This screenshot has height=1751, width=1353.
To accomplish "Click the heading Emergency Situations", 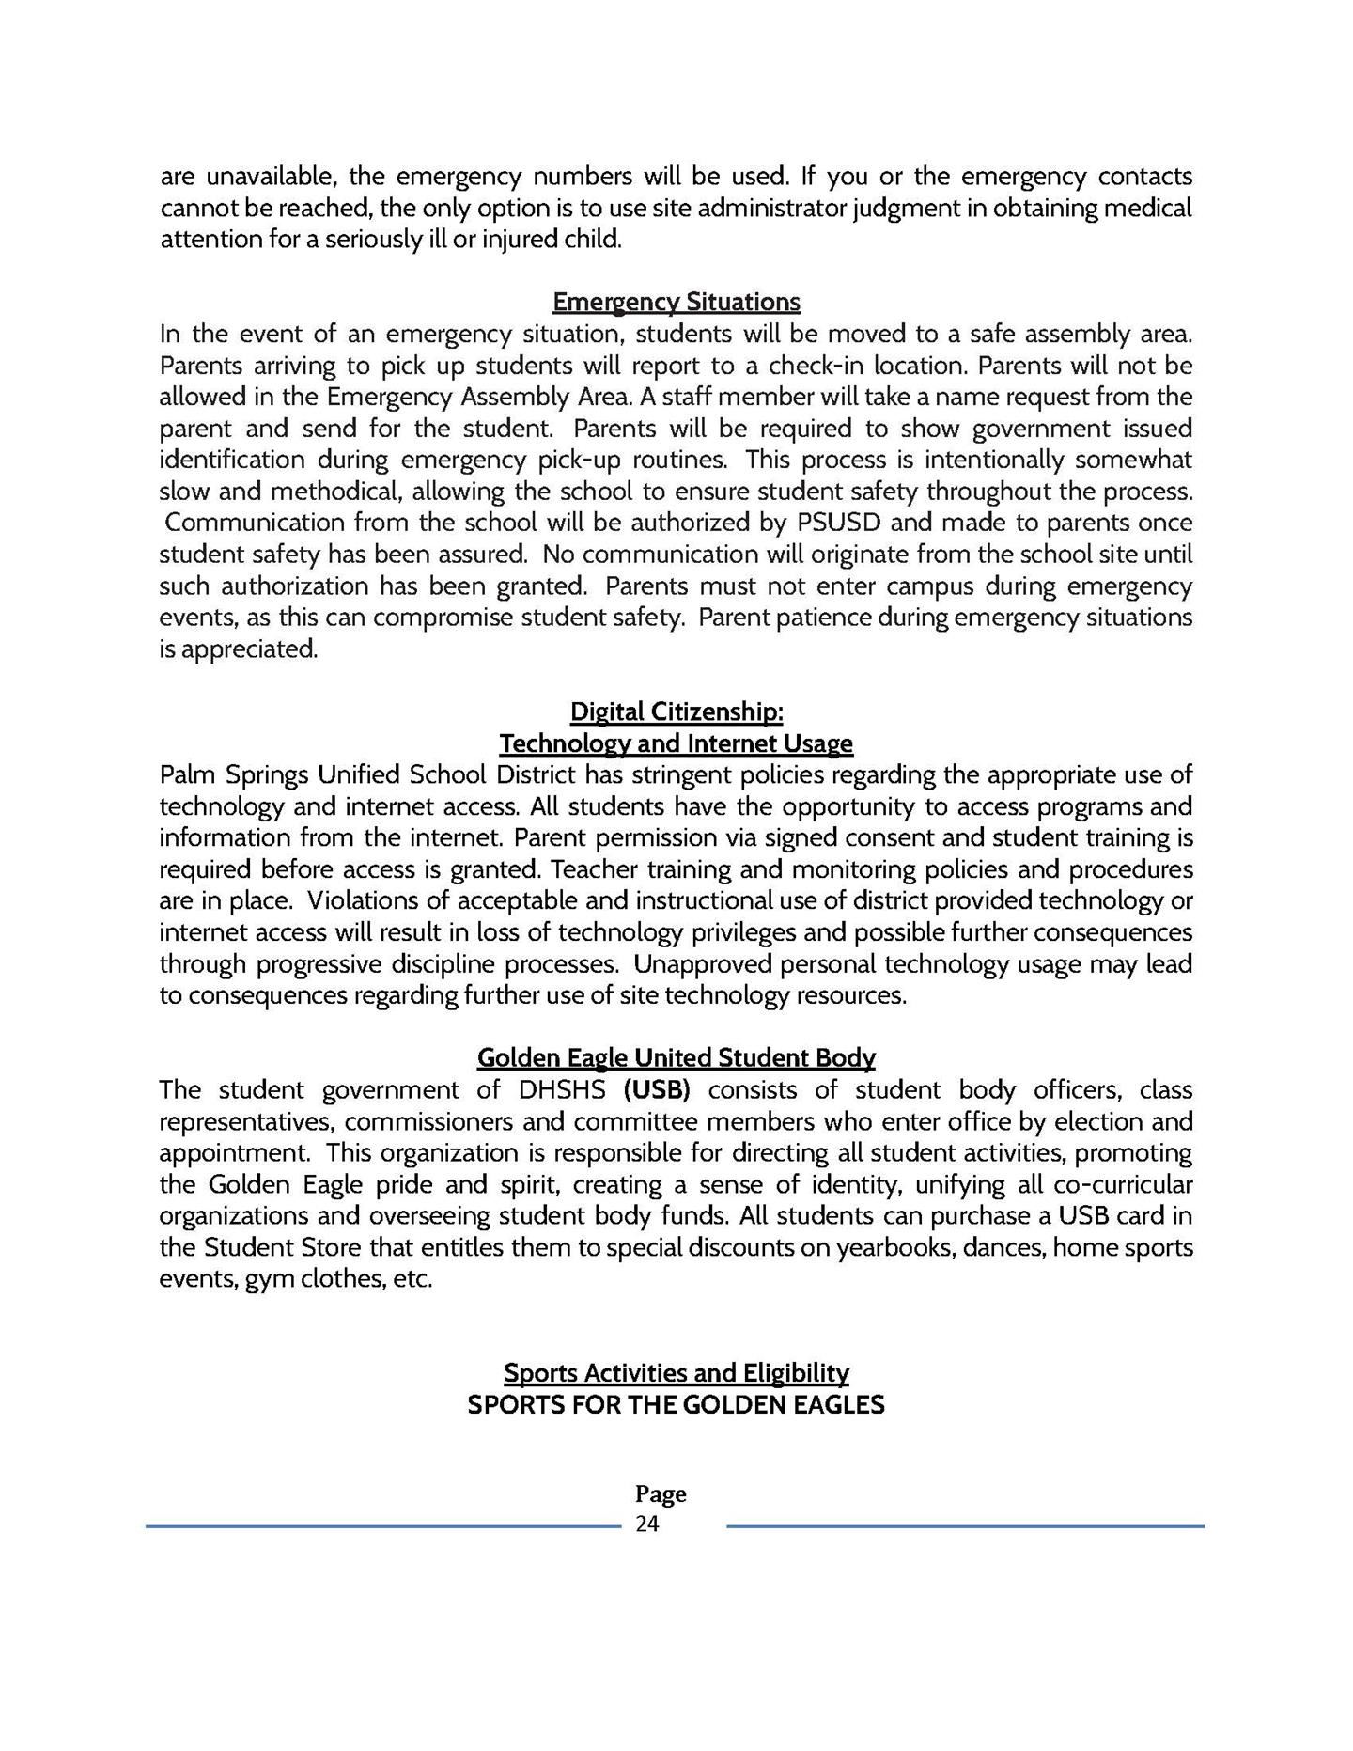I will (676, 302).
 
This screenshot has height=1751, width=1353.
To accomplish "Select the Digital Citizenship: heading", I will (676, 711).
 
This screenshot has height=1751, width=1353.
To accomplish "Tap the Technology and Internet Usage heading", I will (676, 743).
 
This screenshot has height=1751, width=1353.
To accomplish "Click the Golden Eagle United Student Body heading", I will (676, 1057).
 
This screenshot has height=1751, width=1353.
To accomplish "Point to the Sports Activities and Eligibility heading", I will (676, 1373).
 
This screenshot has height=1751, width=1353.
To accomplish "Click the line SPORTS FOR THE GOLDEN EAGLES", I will (676, 1405).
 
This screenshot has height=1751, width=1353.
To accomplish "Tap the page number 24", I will (647, 1524).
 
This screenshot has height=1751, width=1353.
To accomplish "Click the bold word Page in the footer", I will (661, 1493).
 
